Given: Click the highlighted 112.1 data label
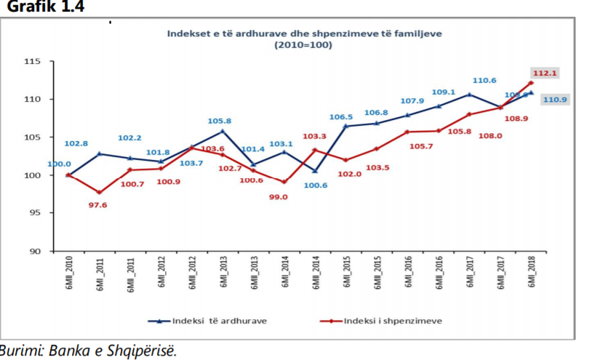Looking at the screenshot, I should tap(543, 73).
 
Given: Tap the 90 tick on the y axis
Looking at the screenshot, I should tap(37, 251).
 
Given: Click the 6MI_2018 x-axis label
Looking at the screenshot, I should tap(531, 275).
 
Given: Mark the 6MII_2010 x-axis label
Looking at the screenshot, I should tap(68, 275).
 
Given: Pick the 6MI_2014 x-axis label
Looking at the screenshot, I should tap(284, 275).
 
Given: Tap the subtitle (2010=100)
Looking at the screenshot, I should tap(305, 45).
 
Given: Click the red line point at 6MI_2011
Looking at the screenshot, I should tap(98, 193).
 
